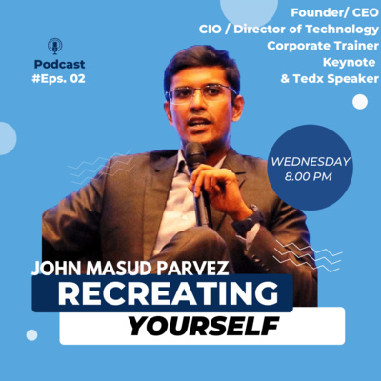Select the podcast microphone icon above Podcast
[x=55, y=46]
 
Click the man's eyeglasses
[x=201, y=93]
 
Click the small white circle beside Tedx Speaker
[x=359, y=102]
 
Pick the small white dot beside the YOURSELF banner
[x=31, y=334]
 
